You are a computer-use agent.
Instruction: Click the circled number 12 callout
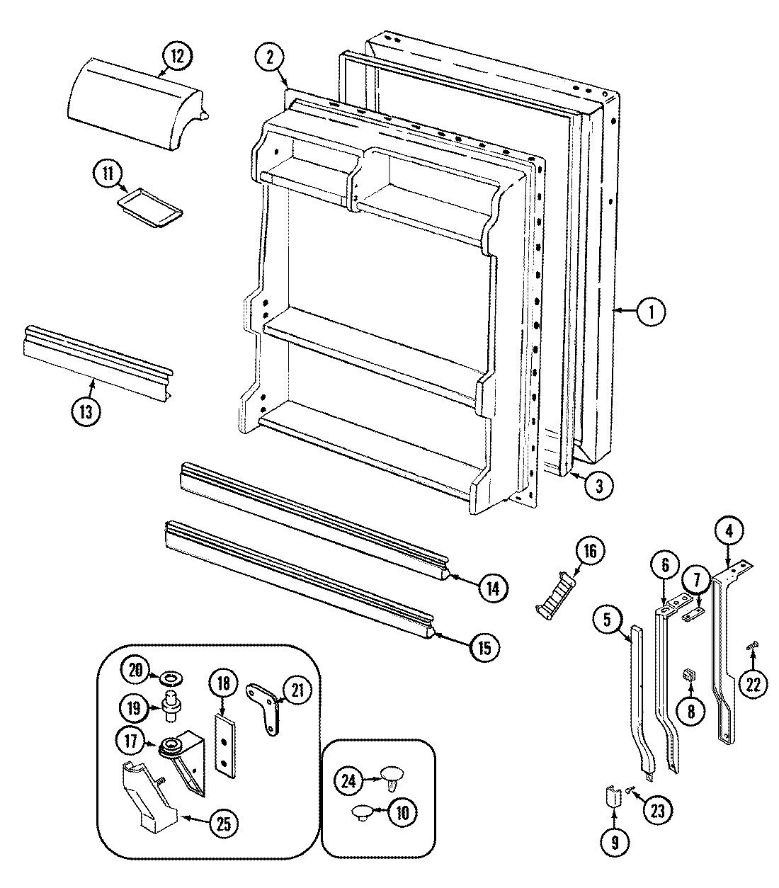click(x=176, y=55)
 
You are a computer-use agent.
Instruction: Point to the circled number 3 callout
click(x=598, y=486)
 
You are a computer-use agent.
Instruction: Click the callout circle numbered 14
click(x=492, y=587)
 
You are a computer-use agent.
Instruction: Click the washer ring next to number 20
click(x=169, y=679)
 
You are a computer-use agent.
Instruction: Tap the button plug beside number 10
click(x=363, y=812)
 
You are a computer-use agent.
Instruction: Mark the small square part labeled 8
click(x=687, y=676)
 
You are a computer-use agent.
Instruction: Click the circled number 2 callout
click(x=270, y=59)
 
